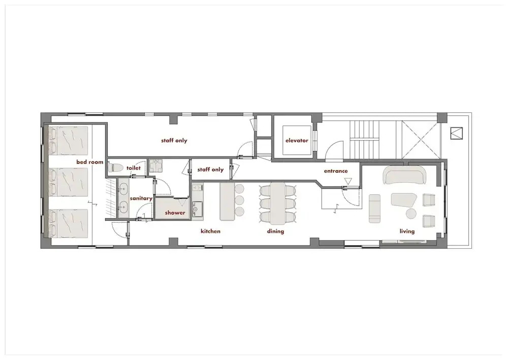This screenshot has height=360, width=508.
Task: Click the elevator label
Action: coord(297,140)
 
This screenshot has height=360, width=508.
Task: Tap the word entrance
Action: coord(336,171)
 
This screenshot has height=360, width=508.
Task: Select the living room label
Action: coord(407,231)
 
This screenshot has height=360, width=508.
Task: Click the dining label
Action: coord(275,231)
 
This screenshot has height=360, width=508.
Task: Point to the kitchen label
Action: coord(211,231)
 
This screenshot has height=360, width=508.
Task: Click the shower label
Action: coord(175,213)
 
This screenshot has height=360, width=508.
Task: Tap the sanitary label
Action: coord(141,198)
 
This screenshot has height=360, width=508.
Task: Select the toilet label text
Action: coord(134,168)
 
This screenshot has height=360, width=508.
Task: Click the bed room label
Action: coord(90,162)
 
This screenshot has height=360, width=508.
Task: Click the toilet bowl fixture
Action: coord(115,168)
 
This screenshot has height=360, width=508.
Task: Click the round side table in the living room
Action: coord(411,214)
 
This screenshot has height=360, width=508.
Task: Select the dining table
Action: coord(278,203)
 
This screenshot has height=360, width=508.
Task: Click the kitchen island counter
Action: coord(227,201)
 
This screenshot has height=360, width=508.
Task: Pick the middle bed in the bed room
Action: coord(69,182)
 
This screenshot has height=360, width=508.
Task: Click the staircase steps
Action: coord(364,140)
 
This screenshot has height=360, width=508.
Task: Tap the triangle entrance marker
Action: coord(348,181)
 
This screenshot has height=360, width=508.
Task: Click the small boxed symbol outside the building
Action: coord(457,133)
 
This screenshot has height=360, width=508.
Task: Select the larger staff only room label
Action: coord(174,140)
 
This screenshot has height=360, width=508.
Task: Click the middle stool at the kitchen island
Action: coord(239,200)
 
